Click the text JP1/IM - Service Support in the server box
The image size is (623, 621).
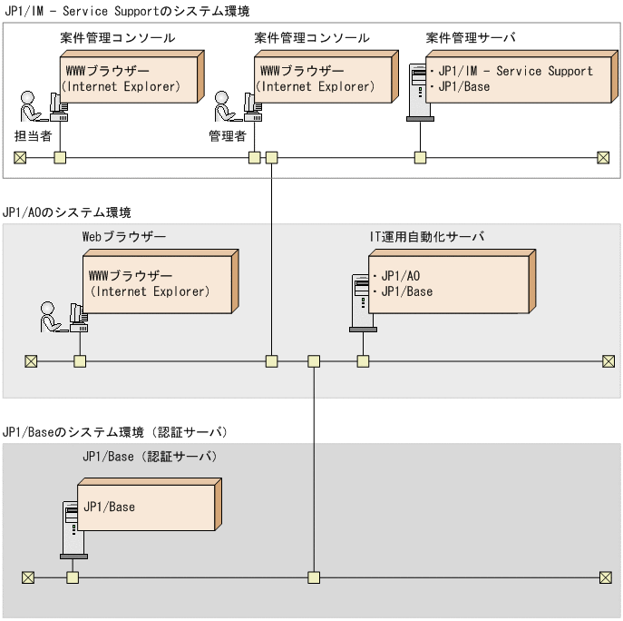515,71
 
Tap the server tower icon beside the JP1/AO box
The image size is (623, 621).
361,299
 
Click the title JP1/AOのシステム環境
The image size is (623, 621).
68,212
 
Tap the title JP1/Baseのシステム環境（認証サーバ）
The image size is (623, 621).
114,431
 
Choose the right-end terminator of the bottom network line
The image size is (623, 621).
606,577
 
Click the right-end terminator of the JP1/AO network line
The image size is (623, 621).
608,361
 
